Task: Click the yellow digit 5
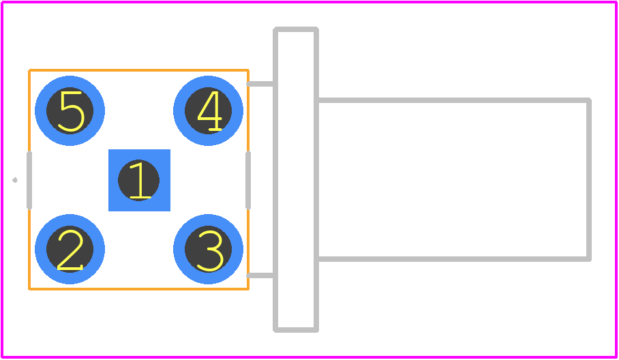(x=71, y=111)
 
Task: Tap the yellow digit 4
(x=209, y=111)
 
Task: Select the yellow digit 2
(x=70, y=250)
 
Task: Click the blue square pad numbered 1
(x=139, y=181)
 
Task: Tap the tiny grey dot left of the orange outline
(x=15, y=181)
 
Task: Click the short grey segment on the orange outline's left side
(x=29, y=180)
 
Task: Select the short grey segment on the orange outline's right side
(x=248, y=180)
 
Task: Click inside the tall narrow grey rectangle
(x=296, y=179)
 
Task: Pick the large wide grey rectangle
(x=455, y=179)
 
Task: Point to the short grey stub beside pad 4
(x=260, y=84)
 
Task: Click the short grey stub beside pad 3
(x=260, y=275)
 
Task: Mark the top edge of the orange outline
(x=138, y=71)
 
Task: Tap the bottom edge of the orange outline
(x=138, y=289)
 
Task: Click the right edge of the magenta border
(x=616, y=180)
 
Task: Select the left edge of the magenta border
(x=2, y=180)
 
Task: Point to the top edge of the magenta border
(x=309, y=2)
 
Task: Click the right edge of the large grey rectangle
(x=589, y=179)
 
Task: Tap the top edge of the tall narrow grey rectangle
(x=296, y=29)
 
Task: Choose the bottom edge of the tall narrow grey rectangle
(x=296, y=330)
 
